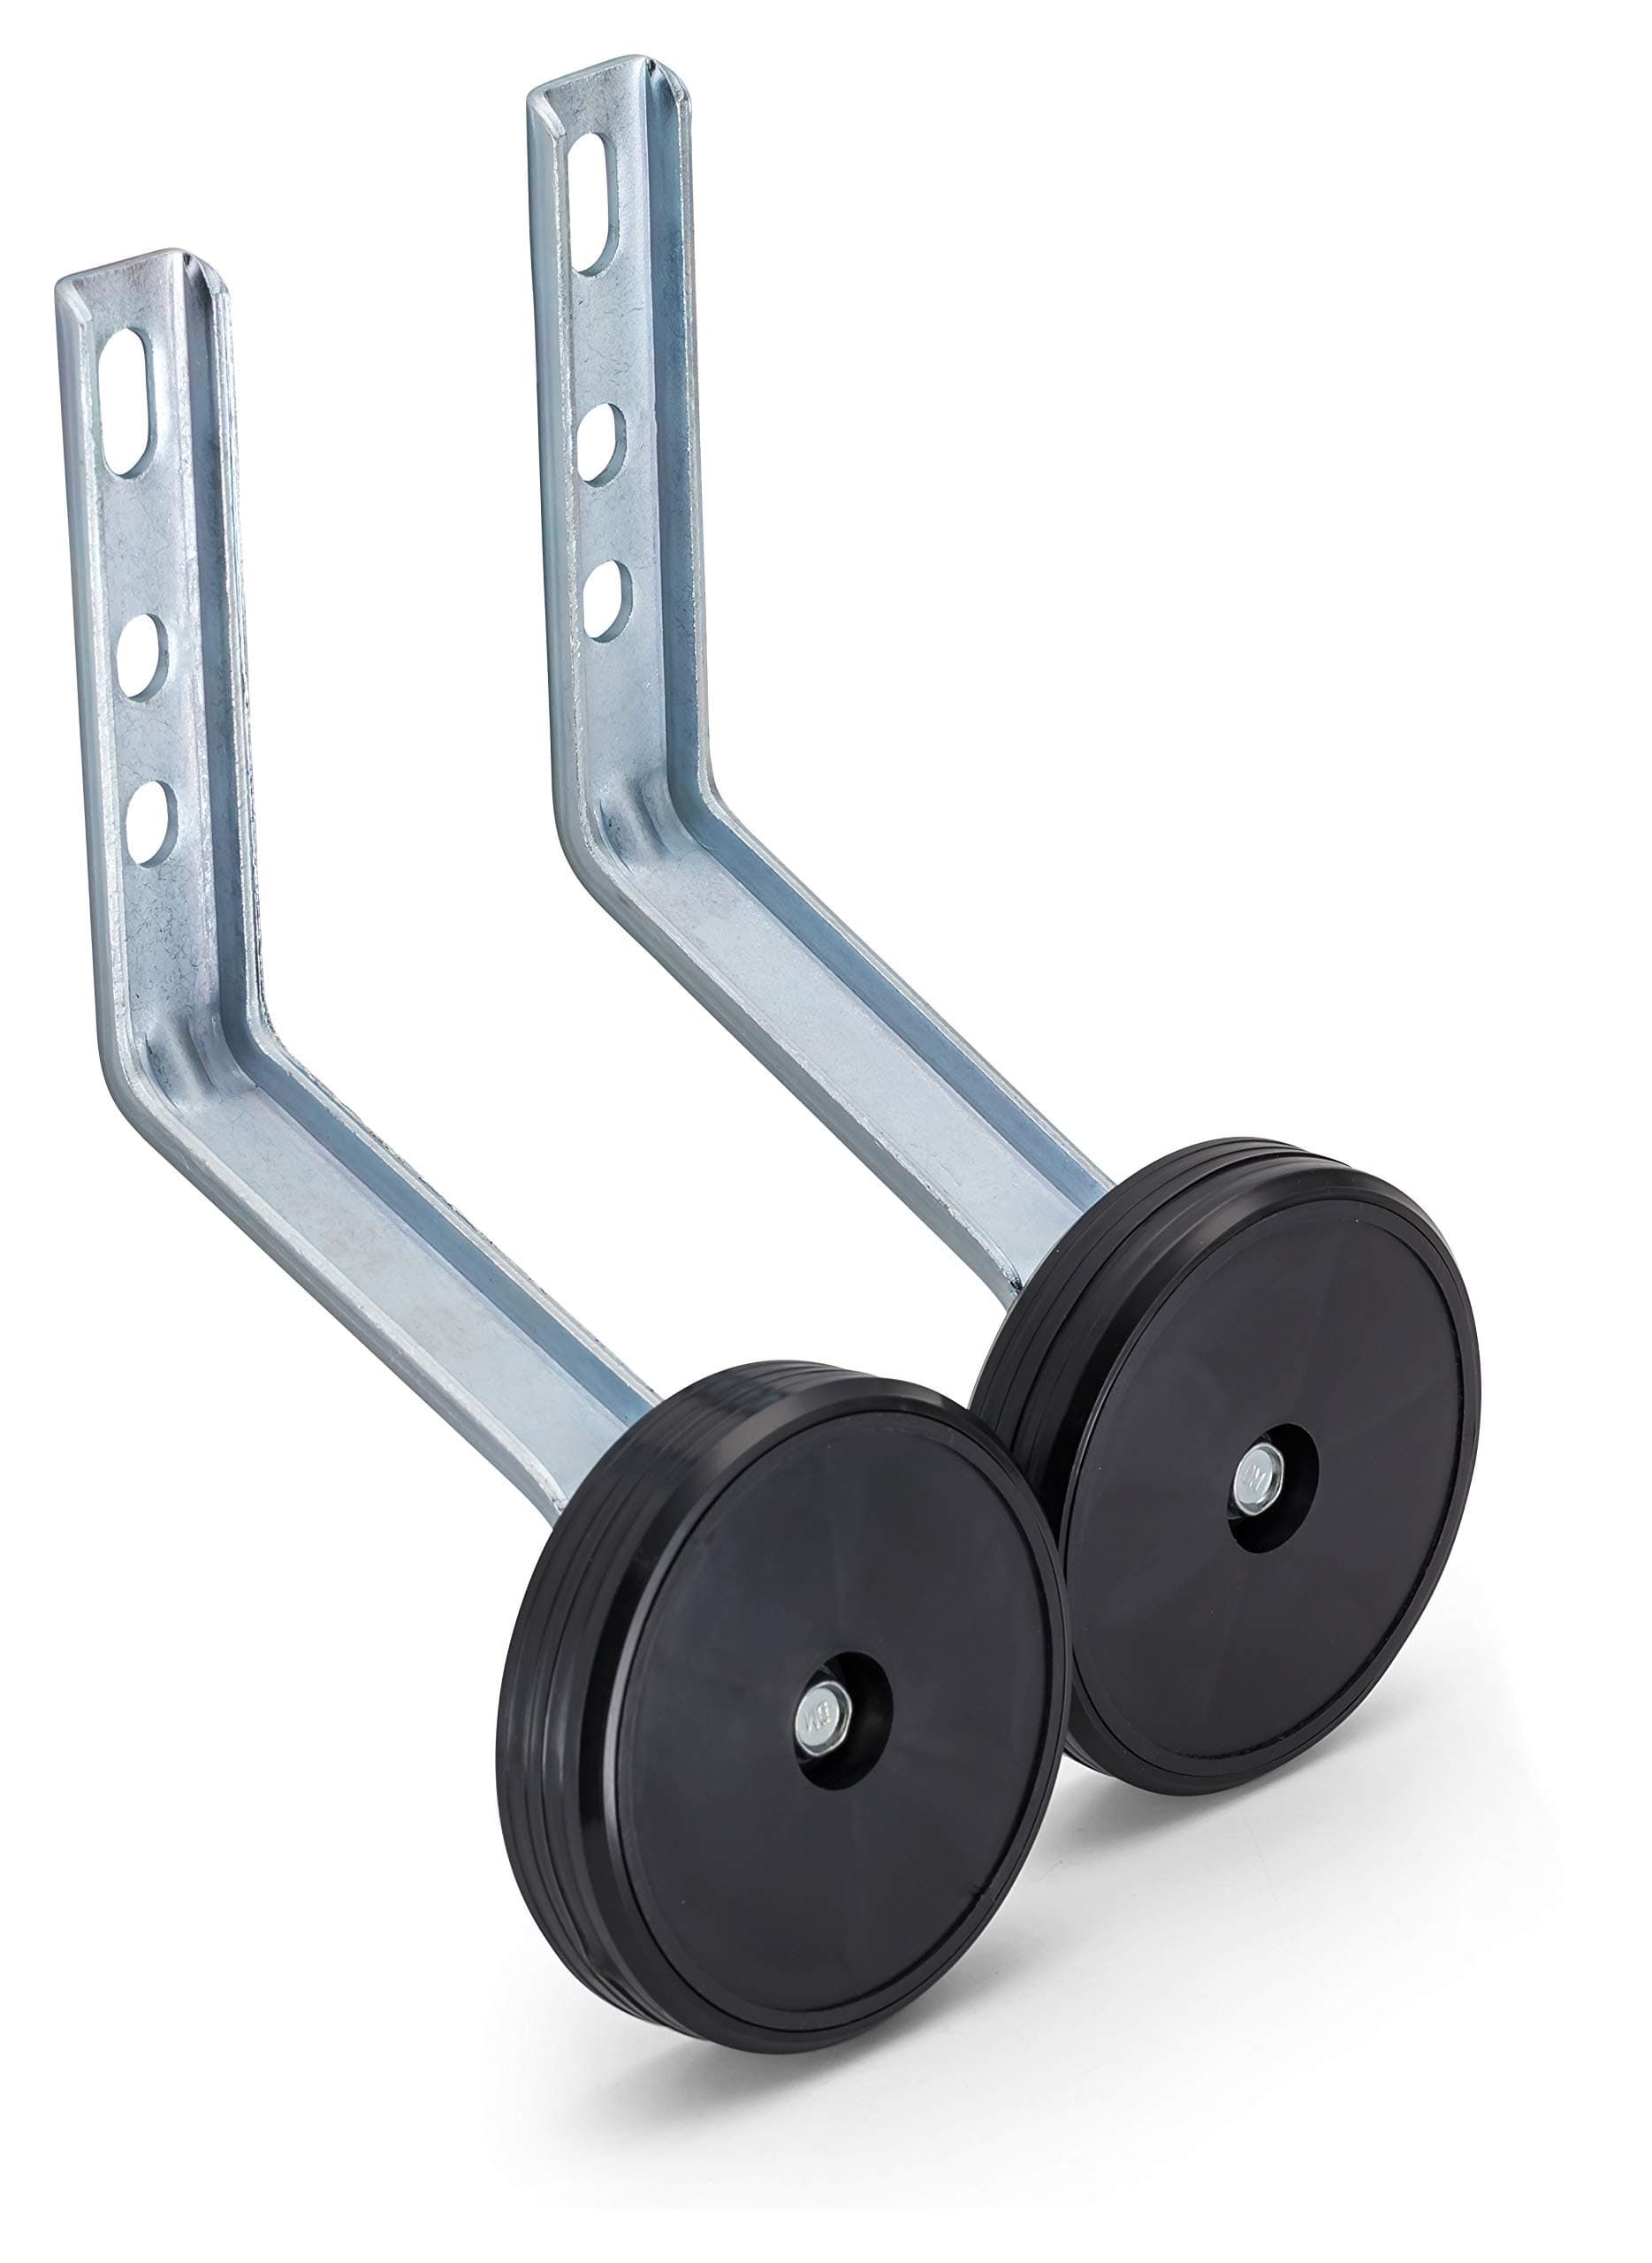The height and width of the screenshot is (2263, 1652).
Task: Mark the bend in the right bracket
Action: click(x=640, y=840)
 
